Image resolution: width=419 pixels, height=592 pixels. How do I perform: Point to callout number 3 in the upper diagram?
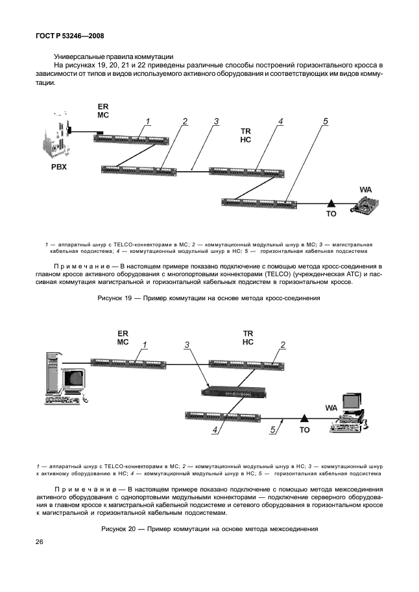(x=216, y=121)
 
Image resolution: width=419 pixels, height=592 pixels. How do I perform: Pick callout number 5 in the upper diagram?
(x=326, y=121)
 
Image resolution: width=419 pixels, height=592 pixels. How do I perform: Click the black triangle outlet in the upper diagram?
(x=331, y=203)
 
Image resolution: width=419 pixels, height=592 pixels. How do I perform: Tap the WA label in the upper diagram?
(x=366, y=189)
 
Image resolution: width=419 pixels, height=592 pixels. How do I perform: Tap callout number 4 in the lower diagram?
(x=215, y=429)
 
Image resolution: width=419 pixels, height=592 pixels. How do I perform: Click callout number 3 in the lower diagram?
(x=187, y=345)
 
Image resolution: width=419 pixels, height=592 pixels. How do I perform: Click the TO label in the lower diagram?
(x=305, y=429)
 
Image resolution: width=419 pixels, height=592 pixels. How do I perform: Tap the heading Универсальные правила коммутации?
(x=108, y=56)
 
